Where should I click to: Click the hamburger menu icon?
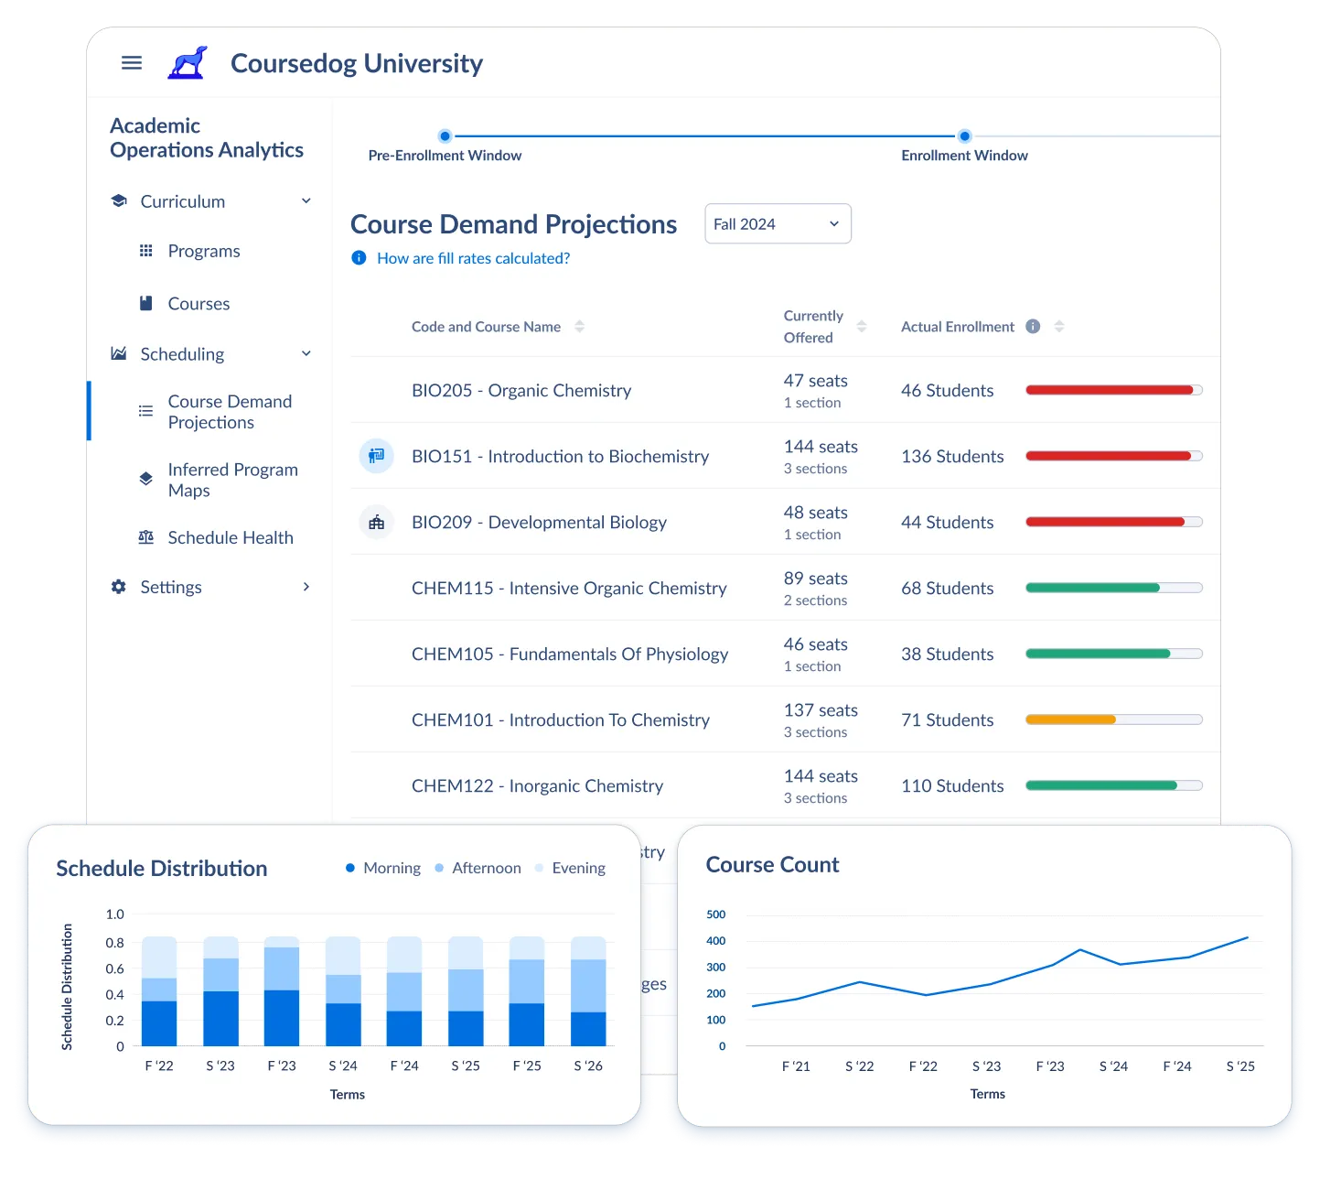click(132, 63)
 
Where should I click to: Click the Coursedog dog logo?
click(188, 63)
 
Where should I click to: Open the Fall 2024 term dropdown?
click(778, 224)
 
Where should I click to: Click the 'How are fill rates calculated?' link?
click(473, 259)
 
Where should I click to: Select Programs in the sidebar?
click(203, 252)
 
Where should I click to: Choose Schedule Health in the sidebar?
click(230, 538)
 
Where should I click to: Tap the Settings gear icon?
click(119, 588)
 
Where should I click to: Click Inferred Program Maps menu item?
click(232, 481)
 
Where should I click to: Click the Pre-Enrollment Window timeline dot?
click(445, 136)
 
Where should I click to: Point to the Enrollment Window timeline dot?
click(964, 136)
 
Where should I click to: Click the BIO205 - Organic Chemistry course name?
click(521, 391)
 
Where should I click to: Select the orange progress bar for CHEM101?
click(1070, 720)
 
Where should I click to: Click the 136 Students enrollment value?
click(952, 457)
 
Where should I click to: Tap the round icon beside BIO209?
click(376, 523)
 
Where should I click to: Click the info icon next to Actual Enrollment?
click(1033, 327)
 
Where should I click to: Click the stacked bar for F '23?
click(282, 992)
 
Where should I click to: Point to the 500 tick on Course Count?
click(716, 914)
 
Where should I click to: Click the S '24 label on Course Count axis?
click(1113, 1066)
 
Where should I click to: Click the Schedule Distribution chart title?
click(162, 869)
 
